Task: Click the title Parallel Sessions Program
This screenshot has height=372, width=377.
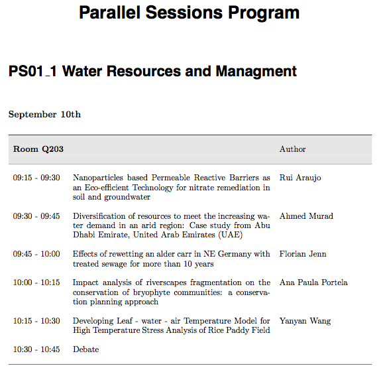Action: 189,13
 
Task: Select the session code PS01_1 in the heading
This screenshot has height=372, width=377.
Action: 32,71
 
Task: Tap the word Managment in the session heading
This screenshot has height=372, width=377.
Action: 256,72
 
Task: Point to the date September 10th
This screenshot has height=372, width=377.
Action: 44,114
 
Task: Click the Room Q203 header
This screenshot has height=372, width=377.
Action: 38,149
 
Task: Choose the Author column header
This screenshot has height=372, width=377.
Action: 293,149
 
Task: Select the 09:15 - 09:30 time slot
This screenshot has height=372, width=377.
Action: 36,178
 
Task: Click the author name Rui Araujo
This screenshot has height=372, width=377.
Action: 300,178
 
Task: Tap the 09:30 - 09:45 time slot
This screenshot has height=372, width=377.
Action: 36,216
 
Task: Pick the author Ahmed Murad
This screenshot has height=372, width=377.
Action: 306,216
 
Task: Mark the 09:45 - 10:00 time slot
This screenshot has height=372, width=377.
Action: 36,254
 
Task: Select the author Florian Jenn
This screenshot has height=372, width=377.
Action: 303,254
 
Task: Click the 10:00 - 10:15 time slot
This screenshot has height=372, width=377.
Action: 36,282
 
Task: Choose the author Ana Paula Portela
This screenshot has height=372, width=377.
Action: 313,282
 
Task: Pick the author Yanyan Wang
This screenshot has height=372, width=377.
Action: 305,321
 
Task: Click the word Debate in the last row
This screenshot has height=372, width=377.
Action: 86,349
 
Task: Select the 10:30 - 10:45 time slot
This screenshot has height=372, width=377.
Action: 36,349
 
